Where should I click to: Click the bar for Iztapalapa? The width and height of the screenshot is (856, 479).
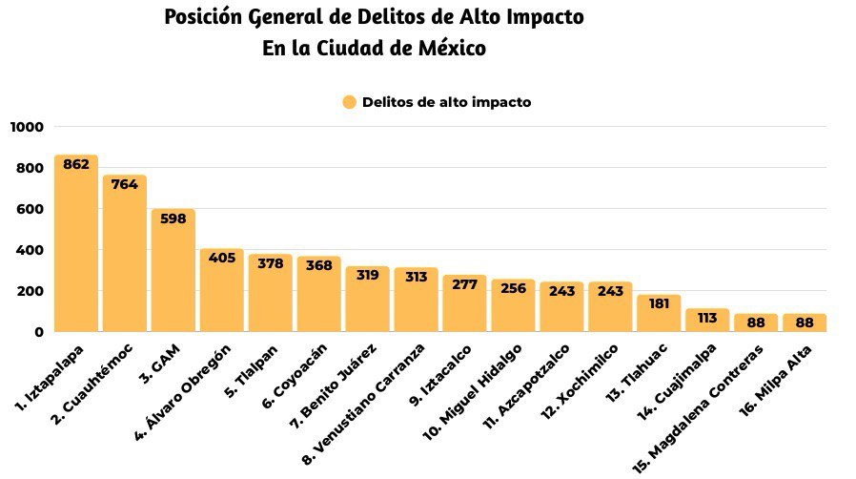(x=76, y=248)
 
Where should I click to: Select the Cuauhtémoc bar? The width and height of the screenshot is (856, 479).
(x=125, y=258)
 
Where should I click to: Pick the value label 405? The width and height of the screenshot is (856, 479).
(x=221, y=258)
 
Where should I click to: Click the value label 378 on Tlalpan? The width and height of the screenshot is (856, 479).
(x=270, y=263)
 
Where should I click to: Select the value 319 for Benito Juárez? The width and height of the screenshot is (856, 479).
(x=367, y=275)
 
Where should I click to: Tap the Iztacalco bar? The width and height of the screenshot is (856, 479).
(x=464, y=305)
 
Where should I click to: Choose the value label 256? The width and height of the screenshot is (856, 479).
(x=513, y=287)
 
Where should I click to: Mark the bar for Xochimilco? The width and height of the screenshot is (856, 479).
(x=610, y=309)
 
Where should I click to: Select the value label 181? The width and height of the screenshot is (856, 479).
(x=659, y=303)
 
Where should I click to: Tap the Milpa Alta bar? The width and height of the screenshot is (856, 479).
(x=805, y=323)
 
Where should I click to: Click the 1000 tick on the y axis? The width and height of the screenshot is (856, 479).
(x=27, y=127)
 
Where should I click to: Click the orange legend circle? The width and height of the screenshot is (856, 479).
(x=349, y=102)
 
